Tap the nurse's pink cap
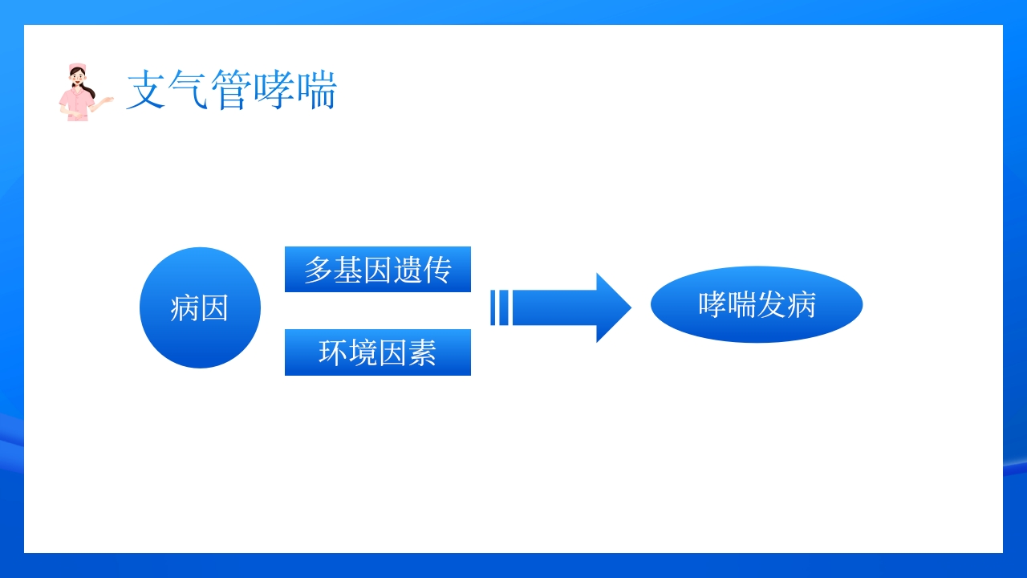(x=77, y=67)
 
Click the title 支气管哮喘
(x=231, y=90)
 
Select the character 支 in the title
(x=147, y=90)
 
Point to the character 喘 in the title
(x=316, y=90)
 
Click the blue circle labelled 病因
(x=200, y=307)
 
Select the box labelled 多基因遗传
(x=377, y=270)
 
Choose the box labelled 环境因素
(x=377, y=352)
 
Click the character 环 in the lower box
(x=333, y=353)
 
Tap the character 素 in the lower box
(x=422, y=353)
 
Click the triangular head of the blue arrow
(x=612, y=307)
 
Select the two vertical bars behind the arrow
(x=499, y=307)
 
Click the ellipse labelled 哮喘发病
(x=756, y=305)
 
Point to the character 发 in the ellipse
(x=771, y=305)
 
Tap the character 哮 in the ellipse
(x=712, y=305)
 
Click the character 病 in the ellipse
(x=801, y=305)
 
